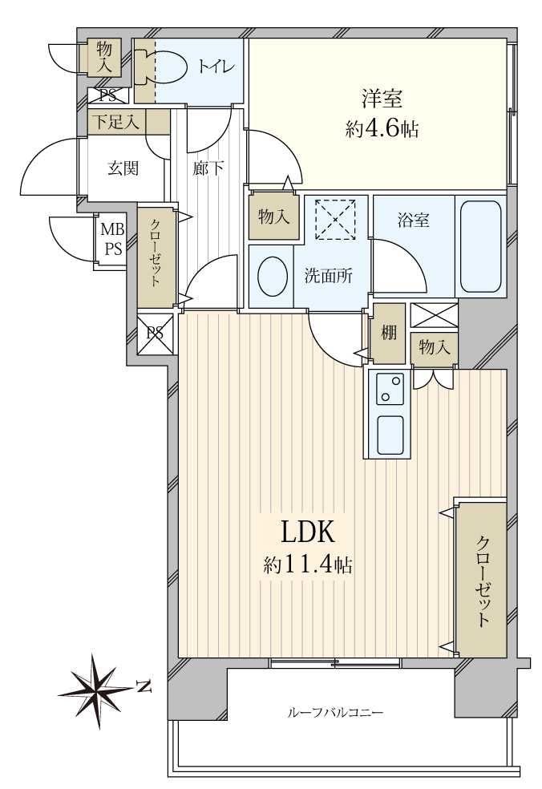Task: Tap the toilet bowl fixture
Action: [164, 67]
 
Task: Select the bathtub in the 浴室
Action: [480, 246]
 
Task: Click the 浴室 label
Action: [413, 221]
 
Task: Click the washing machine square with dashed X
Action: [337, 219]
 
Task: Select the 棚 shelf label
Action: [389, 333]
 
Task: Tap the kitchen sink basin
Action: [390, 434]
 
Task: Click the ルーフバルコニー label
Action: [336, 712]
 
